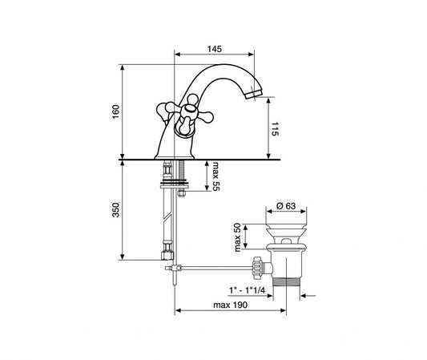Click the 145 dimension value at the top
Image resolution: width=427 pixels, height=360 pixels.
point(215,49)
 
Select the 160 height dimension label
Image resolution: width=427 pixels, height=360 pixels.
point(115,111)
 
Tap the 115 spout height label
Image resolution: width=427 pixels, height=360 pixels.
point(275,129)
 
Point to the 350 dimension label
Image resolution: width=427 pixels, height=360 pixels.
point(115,210)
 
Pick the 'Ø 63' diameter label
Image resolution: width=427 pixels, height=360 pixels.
point(286,206)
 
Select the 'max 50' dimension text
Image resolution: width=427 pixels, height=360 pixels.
point(237,237)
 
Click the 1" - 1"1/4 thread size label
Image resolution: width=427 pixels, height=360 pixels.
point(247,290)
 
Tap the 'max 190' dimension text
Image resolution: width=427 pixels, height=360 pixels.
point(231,305)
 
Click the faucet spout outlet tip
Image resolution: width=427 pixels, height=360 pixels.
point(253,95)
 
